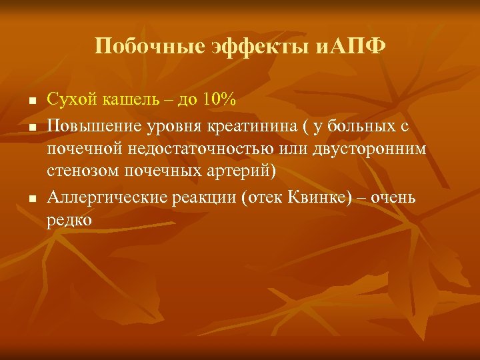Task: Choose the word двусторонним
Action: coord(368,148)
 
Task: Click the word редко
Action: coord(69,220)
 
